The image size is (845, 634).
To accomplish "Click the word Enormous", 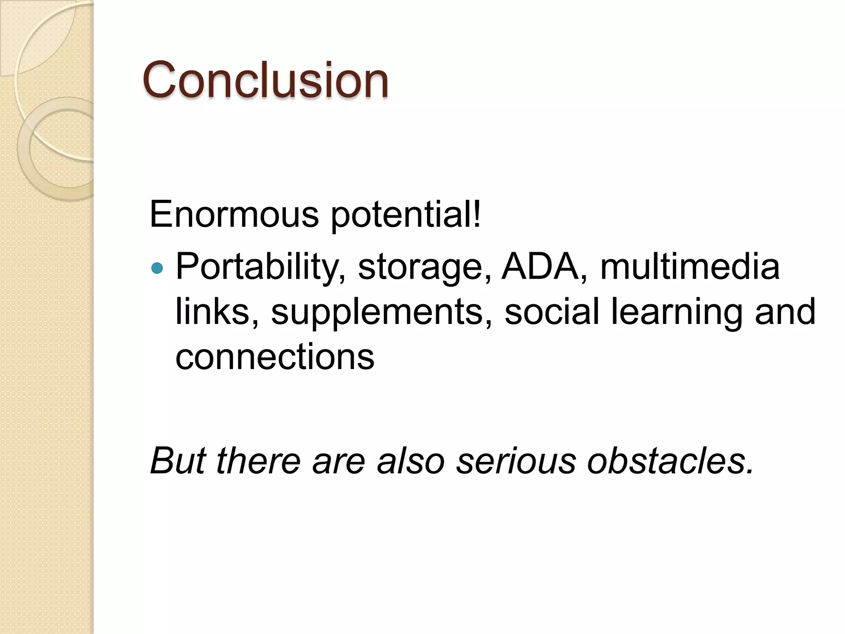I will [234, 214].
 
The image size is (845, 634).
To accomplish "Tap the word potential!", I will [406, 215].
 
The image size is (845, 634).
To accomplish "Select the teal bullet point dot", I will [157, 269].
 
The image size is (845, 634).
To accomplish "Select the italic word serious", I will [516, 461].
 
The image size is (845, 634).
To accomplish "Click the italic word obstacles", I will [670, 461].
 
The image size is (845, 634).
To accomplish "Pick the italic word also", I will [411, 461].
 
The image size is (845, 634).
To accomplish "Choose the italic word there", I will [258, 461].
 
